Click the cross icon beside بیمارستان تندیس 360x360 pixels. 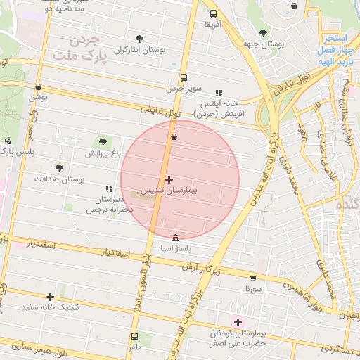pos(169,180)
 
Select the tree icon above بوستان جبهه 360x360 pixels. pos(263,32)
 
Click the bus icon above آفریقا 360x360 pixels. pos(213,13)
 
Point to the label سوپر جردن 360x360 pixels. pos(184,89)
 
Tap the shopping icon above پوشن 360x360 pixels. pos(38,87)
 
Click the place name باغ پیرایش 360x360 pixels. pos(104,153)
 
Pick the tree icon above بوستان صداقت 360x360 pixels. pos(59,167)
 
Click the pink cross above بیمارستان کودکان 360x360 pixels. pos(238,321)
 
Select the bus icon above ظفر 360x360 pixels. pos(134,336)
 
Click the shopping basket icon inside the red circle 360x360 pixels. pos(174,136)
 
